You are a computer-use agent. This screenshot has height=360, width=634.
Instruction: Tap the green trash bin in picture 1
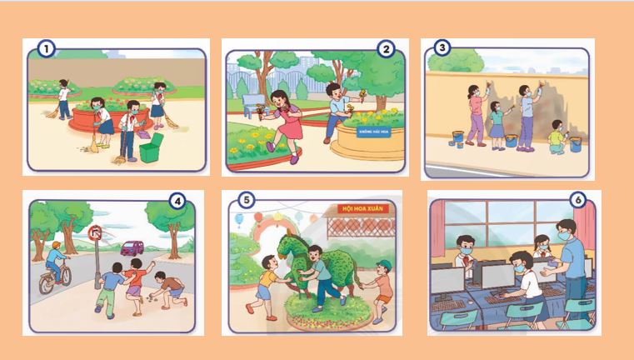click(150, 151)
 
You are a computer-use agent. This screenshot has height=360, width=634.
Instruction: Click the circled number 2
click(385, 49)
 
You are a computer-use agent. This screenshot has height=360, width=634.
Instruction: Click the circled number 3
click(440, 48)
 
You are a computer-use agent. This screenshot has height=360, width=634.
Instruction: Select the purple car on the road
click(131, 247)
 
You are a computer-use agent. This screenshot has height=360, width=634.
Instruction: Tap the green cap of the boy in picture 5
click(383, 266)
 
